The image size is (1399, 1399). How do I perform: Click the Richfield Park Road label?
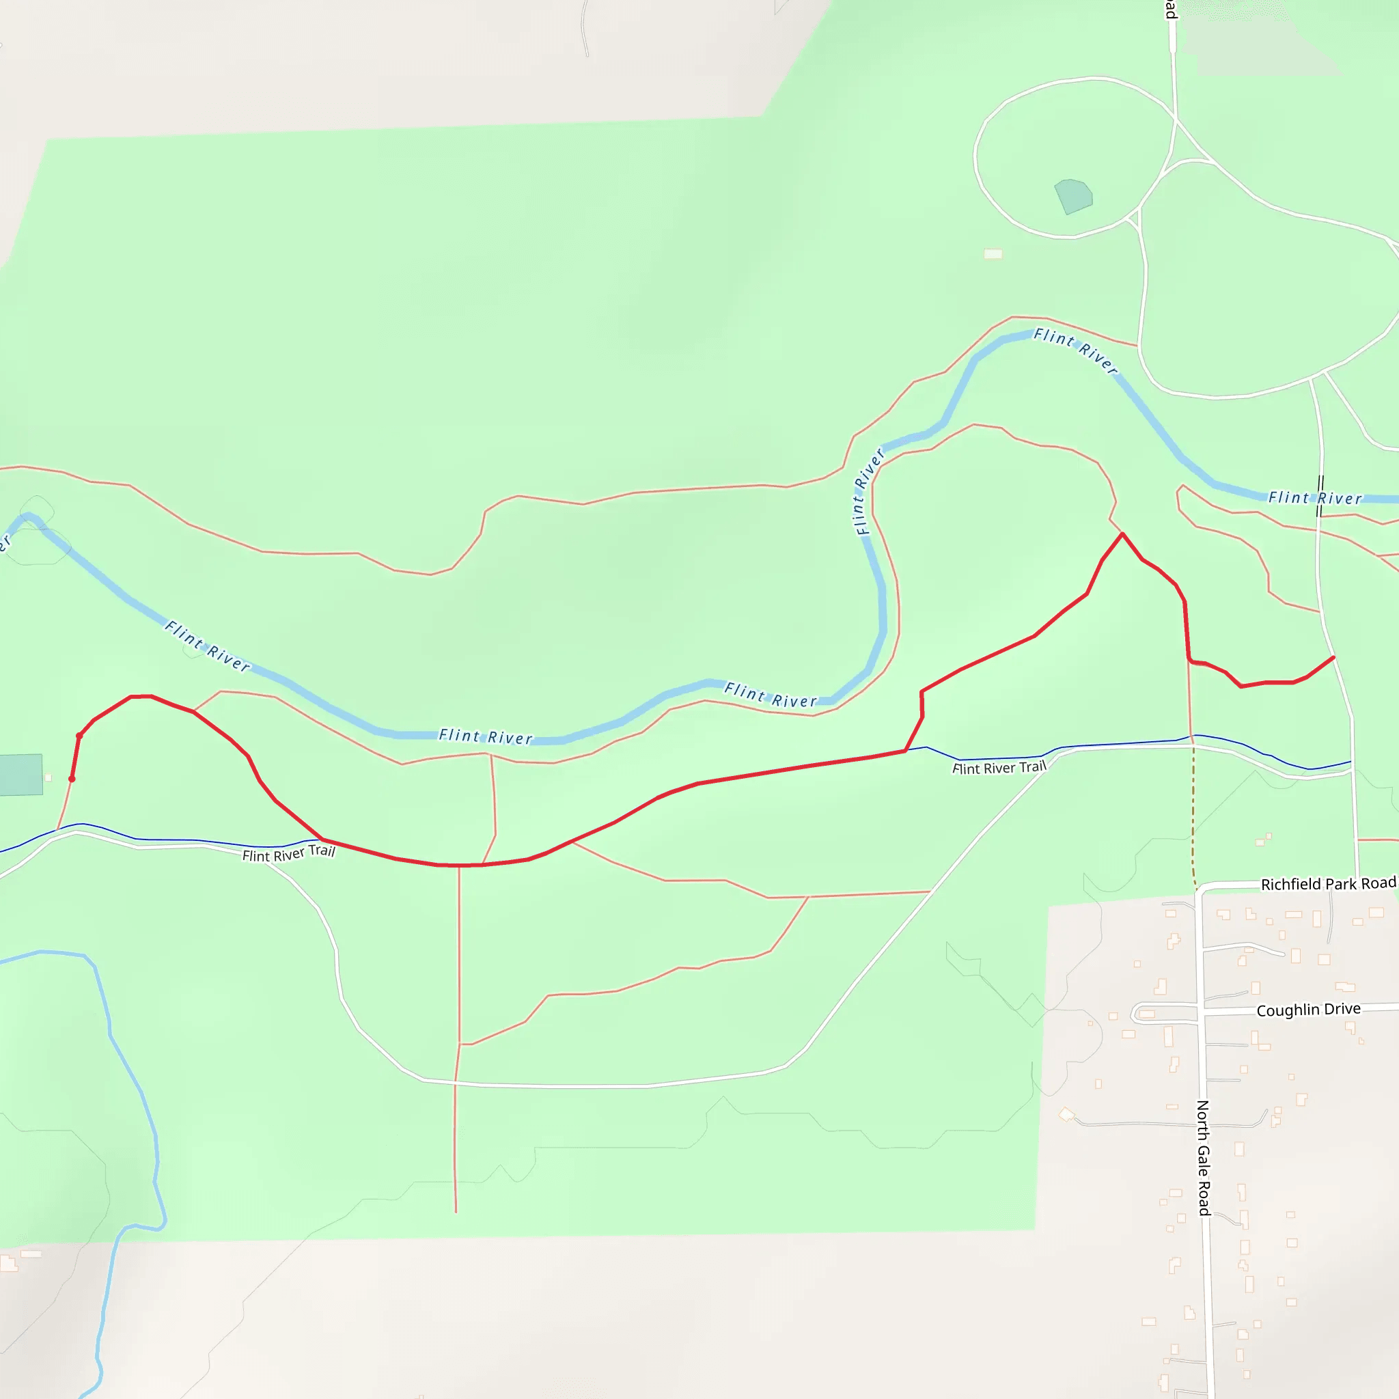point(1328,883)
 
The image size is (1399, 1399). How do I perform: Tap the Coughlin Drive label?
point(1307,1010)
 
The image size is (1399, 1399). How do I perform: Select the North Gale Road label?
point(1203,1158)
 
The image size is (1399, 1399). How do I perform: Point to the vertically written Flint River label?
point(869,492)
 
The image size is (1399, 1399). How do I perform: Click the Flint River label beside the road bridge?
point(1314,498)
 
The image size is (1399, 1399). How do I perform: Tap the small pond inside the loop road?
point(1073,195)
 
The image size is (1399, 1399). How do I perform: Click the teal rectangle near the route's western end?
point(20,775)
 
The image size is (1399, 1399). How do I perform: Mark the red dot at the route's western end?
point(72,779)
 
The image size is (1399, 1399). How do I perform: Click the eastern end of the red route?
point(1333,658)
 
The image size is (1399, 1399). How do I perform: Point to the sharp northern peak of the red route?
point(1122,534)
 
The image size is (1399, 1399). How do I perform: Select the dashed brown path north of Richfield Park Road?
point(1193,818)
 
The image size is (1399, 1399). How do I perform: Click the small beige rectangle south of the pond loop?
point(993,253)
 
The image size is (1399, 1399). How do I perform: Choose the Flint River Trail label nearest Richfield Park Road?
point(999,768)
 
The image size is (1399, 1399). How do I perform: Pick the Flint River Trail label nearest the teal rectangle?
point(288,854)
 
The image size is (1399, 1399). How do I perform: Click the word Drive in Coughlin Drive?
point(1340,1009)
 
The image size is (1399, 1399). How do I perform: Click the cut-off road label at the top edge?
point(1170,9)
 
